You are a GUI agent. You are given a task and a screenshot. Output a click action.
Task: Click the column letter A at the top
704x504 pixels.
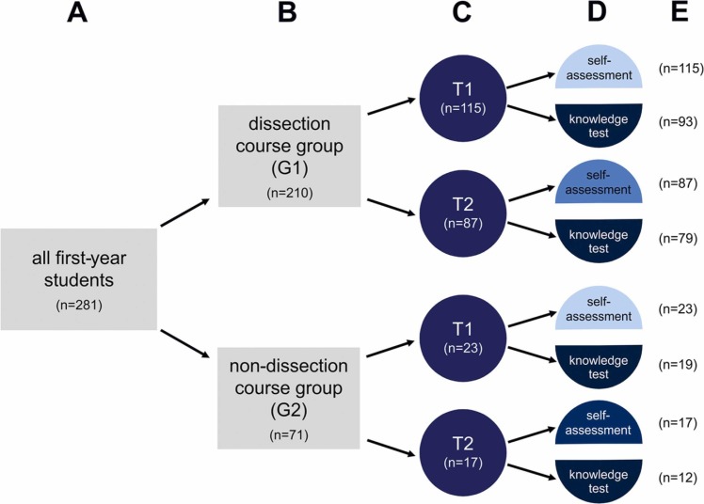click(77, 12)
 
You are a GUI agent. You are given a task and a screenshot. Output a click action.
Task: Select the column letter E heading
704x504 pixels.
click(680, 12)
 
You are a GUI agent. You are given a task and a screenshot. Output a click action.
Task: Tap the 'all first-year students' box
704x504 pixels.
click(79, 279)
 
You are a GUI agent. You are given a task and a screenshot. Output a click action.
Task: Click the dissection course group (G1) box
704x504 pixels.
click(289, 156)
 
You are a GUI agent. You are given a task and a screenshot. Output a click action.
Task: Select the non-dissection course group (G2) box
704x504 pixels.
click(289, 398)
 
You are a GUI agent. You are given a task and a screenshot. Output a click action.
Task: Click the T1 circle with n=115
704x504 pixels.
click(463, 98)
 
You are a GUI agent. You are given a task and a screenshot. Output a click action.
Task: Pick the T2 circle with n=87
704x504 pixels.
click(463, 213)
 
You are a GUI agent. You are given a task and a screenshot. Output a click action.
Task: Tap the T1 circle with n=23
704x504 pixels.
click(463, 339)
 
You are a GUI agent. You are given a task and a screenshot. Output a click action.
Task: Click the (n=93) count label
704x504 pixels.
click(678, 122)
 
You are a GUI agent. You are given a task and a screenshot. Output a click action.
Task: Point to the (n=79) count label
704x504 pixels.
click(678, 238)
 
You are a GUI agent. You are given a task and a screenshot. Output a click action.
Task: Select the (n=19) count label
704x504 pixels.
click(678, 365)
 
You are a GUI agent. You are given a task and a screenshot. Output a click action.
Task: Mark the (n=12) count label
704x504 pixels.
click(678, 478)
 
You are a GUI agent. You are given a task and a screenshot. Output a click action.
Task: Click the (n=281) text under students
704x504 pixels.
click(79, 305)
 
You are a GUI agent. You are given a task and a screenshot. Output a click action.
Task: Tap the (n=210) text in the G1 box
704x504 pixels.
click(290, 193)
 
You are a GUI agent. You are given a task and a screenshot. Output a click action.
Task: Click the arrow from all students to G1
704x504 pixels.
click(185, 213)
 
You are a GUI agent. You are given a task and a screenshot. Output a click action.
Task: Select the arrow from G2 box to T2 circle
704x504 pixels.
click(391, 448)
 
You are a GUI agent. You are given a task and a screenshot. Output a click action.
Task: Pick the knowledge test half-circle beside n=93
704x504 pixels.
click(599, 124)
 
